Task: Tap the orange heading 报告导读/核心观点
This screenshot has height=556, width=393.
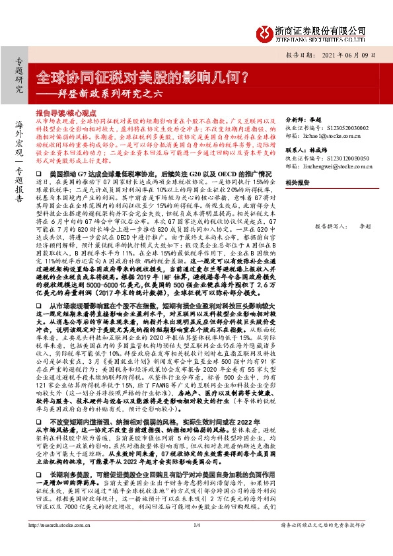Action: coord(67,114)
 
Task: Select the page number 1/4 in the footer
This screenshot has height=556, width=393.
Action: coord(196,543)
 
